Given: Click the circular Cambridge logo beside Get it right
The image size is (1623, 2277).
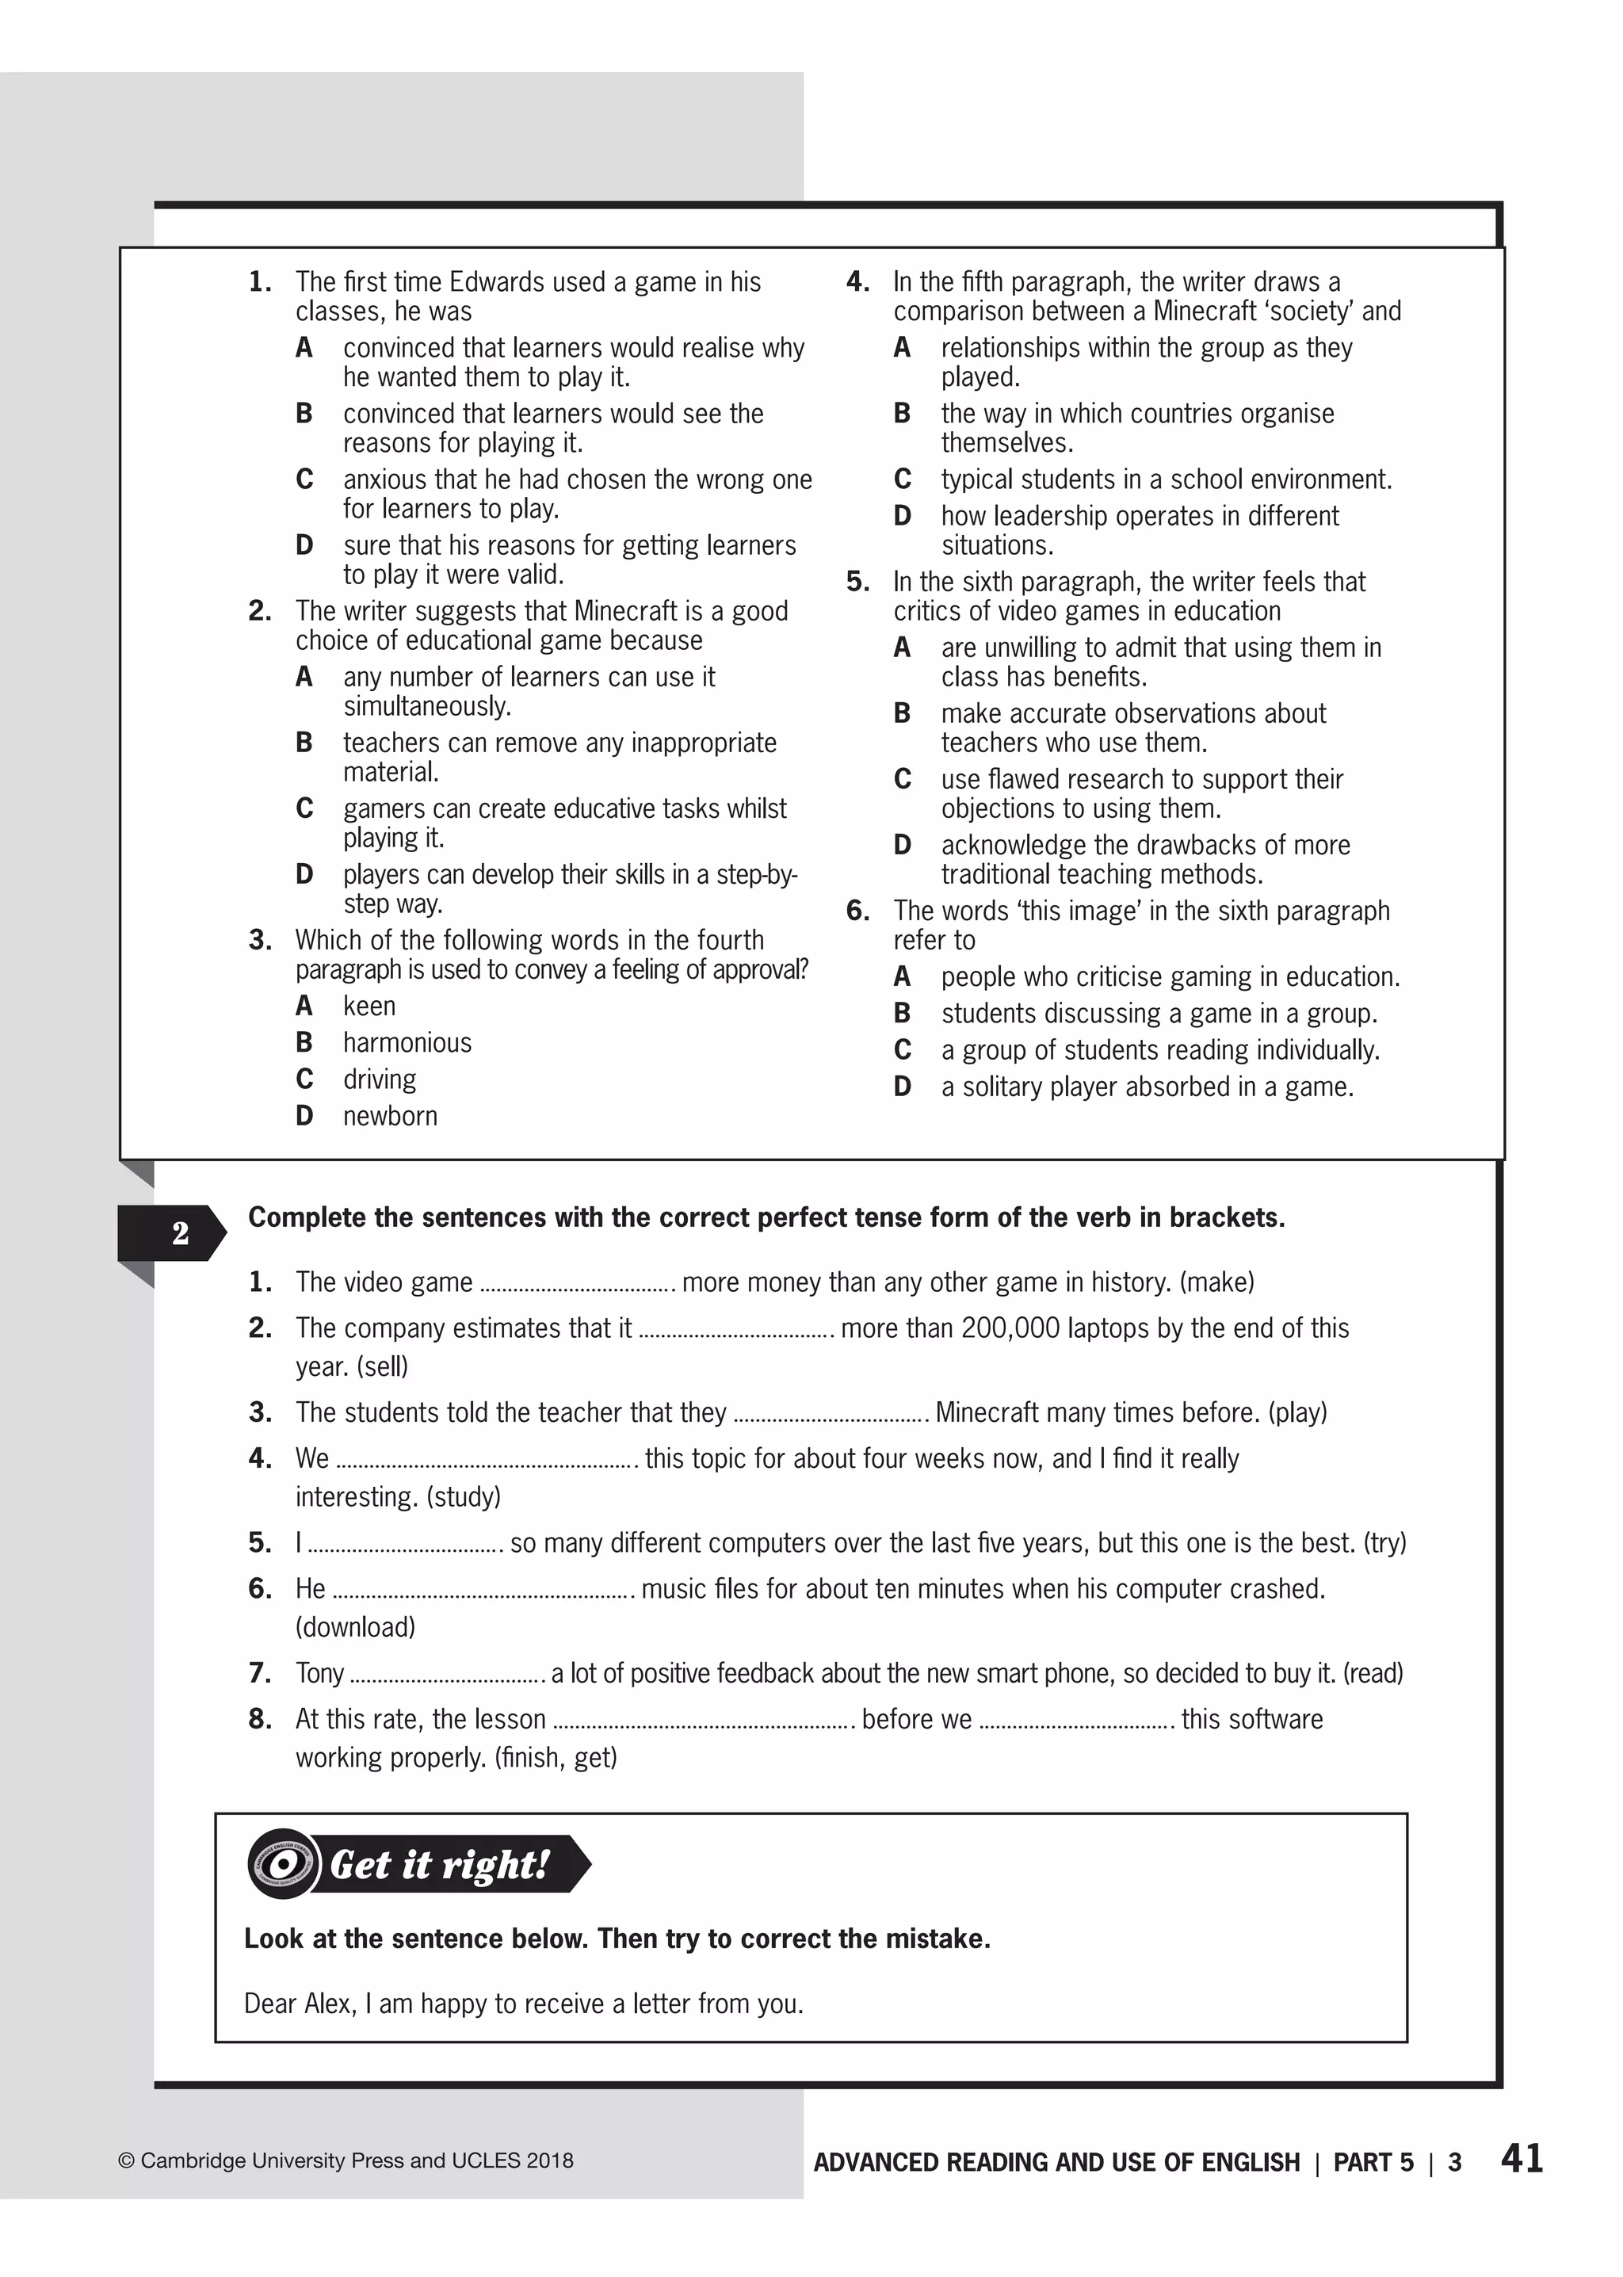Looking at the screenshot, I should (284, 1864).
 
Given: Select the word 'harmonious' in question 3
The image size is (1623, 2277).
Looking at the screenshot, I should (407, 1042).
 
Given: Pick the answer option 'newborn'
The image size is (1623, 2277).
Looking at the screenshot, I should (390, 1115).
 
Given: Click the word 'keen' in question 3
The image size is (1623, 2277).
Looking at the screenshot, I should (369, 1006).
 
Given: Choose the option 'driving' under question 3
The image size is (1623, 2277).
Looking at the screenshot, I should (379, 1079).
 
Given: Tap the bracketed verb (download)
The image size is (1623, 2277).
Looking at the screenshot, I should (355, 1627).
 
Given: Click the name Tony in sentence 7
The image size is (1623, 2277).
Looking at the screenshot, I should (319, 1673).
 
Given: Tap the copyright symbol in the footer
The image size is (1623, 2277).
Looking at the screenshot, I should (126, 2161).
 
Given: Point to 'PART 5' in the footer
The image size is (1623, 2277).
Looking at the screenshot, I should (1373, 2162).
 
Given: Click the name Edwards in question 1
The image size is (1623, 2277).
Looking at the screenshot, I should (495, 282).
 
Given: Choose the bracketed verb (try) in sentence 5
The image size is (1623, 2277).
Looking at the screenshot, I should (1384, 1543).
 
